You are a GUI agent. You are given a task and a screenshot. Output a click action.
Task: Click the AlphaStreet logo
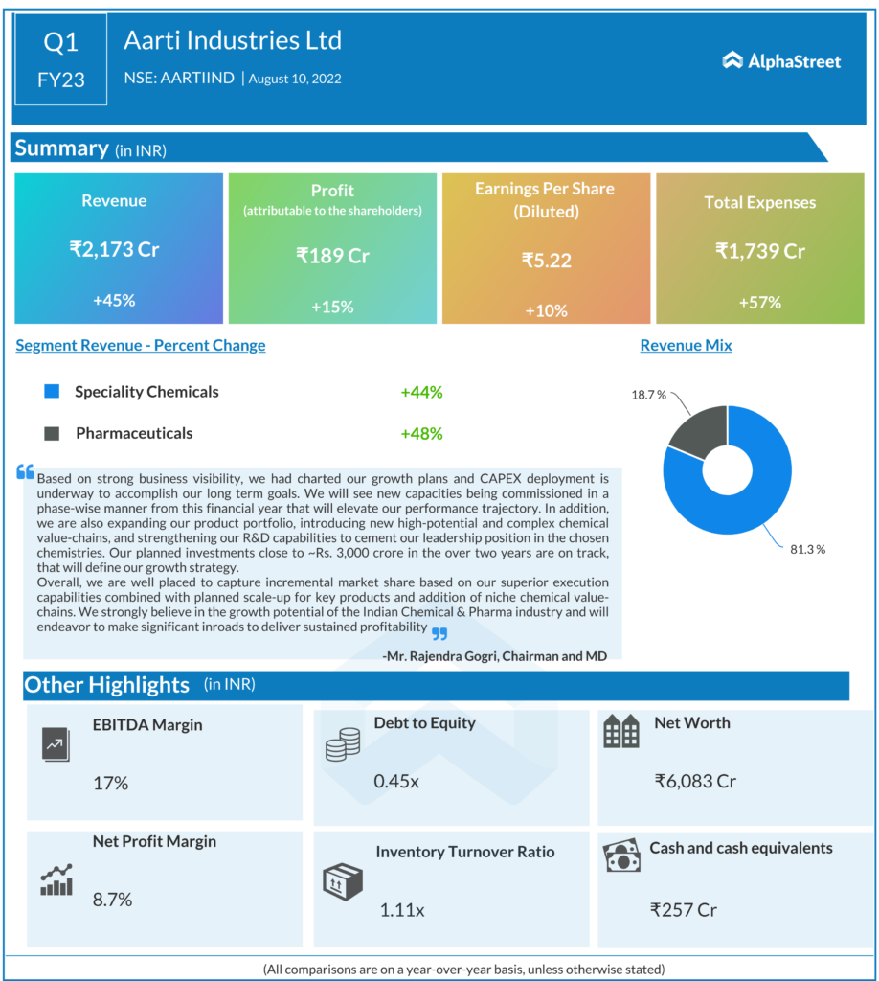[x=781, y=61]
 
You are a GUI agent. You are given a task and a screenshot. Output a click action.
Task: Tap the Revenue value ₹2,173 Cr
[x=114, y=250]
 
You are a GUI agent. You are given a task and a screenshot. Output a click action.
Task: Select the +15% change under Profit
[x=332, y=307]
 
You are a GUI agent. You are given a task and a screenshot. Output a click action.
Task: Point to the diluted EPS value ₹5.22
[x=546, y=260]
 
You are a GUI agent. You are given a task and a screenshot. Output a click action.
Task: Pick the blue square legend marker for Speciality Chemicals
[x=53, y=392]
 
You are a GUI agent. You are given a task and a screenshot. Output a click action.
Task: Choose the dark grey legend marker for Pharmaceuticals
[x=53, y=433]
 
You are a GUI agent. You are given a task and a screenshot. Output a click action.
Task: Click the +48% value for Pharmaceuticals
[x=421, y=433]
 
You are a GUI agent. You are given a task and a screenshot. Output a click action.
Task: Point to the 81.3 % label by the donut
[x=807, y=549]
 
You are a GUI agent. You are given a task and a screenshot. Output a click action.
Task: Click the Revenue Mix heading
[x=686, y=346]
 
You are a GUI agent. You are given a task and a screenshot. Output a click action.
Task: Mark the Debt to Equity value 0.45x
[x=396, y=781]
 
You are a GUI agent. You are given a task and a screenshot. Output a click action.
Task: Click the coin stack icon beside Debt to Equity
[x=342, y=744]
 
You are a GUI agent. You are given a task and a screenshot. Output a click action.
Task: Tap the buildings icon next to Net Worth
[x=620, y=732]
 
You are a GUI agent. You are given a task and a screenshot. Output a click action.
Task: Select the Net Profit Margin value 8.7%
[x=112, y=900]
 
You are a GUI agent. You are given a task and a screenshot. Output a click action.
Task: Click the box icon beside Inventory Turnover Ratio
[x=342, y=879]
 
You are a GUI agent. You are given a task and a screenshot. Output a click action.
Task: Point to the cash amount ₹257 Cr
[x=684, y=909]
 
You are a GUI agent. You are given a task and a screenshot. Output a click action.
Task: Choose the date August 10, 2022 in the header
[x=295, y=79]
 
